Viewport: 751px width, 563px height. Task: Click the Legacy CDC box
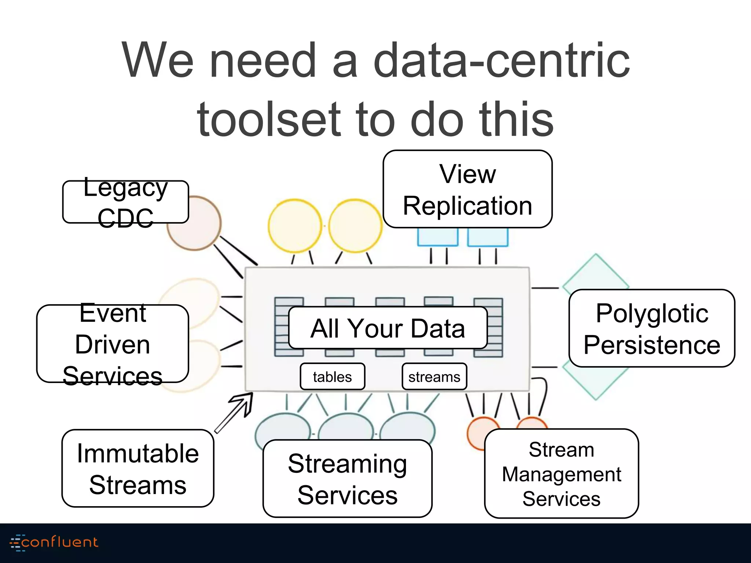(x=125, y=202)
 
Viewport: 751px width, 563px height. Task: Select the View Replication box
(x=468, y=189)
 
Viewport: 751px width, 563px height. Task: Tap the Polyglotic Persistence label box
(x=652, y=328)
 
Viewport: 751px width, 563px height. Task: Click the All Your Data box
(x=388, y=328)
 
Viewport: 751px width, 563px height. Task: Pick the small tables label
(x=332, y=377)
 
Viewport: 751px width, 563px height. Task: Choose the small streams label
(x=434, y=377)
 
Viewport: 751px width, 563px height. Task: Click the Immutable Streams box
(x=138, y=469)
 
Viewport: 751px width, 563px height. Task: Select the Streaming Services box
(x=347, y=479)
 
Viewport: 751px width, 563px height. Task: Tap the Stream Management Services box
(x=561, y=474)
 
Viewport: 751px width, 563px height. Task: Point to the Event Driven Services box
(x=113, y=344)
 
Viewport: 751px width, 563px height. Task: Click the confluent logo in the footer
(x=54, y=542)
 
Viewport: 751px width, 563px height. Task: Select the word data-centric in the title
(x=501, y=60)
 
